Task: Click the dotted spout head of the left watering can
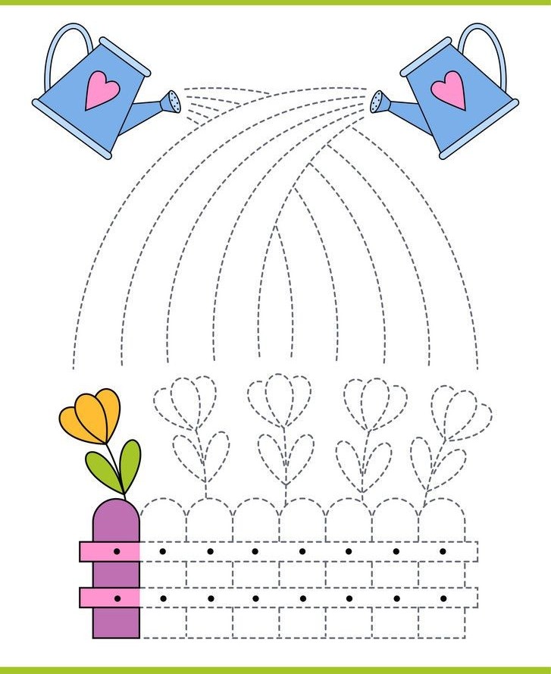pyautogui.click(x=174, y=101)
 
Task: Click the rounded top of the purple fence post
pyautogui.click(x=116, y=514)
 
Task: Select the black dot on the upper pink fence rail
pyautogui.click(x=117, y=551)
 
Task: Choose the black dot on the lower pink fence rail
pyautogui.click(x=117, y=599)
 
